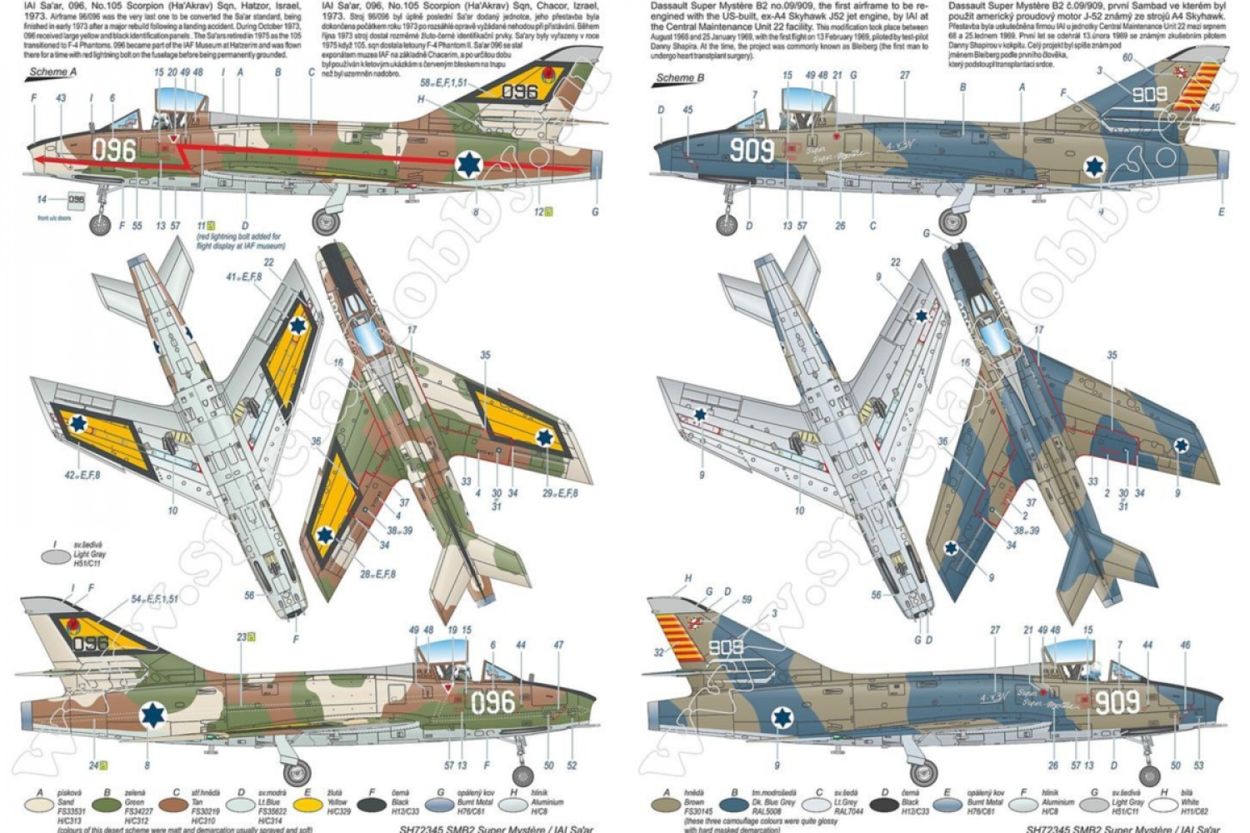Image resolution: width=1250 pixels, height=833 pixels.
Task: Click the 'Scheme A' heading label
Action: (52, 72)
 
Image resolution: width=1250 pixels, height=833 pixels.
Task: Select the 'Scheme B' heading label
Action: (679, 78)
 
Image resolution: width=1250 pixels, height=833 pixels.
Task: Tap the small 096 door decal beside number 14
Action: (76, 200)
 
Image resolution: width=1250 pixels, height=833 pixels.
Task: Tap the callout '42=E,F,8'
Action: (81, 475)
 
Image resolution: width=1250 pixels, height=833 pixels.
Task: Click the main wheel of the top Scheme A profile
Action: (325, 222)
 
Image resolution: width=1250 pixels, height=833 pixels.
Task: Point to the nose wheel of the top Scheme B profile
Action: (727, 224)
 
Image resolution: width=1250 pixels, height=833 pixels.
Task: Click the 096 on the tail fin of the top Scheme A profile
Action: (518, 91)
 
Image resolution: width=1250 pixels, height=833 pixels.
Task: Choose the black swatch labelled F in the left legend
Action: (372, 806)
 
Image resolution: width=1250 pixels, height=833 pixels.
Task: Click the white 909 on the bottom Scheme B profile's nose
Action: (1116, 701)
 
